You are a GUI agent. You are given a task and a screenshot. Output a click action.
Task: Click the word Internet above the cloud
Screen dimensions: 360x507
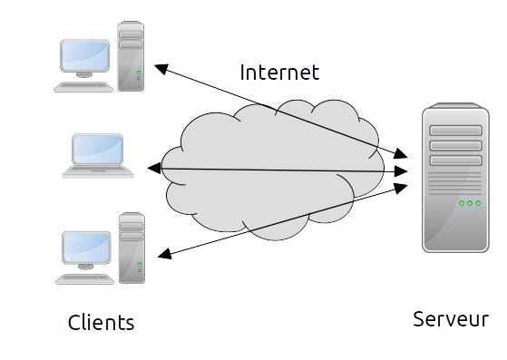click(279, 73)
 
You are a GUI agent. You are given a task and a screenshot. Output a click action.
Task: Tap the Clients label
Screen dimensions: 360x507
click(101, 322)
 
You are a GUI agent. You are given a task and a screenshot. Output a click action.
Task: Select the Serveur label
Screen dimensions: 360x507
click(450, 319)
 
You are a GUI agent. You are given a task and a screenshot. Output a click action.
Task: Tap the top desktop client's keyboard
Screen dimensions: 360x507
click(83, 86)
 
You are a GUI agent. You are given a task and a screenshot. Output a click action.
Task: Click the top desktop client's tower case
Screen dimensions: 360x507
click(132, 54)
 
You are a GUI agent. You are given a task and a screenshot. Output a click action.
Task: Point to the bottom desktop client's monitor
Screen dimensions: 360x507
click(85, 247)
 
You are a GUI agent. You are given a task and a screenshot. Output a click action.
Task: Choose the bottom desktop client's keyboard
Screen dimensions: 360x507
click(84, 278)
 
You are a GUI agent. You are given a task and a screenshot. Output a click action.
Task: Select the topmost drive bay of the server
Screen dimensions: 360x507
click(454, 129)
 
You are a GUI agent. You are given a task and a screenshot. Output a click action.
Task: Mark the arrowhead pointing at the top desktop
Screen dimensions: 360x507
click(160, 68)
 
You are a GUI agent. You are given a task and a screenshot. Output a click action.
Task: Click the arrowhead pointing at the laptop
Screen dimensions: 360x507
click(153, 168)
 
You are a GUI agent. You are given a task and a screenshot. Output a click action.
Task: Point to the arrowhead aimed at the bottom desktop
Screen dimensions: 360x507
click(163, 255)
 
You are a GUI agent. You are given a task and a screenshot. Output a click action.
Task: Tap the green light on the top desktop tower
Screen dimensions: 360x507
click(139, 73)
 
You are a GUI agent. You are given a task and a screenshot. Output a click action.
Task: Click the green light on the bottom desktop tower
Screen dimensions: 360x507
click(139, 265)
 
